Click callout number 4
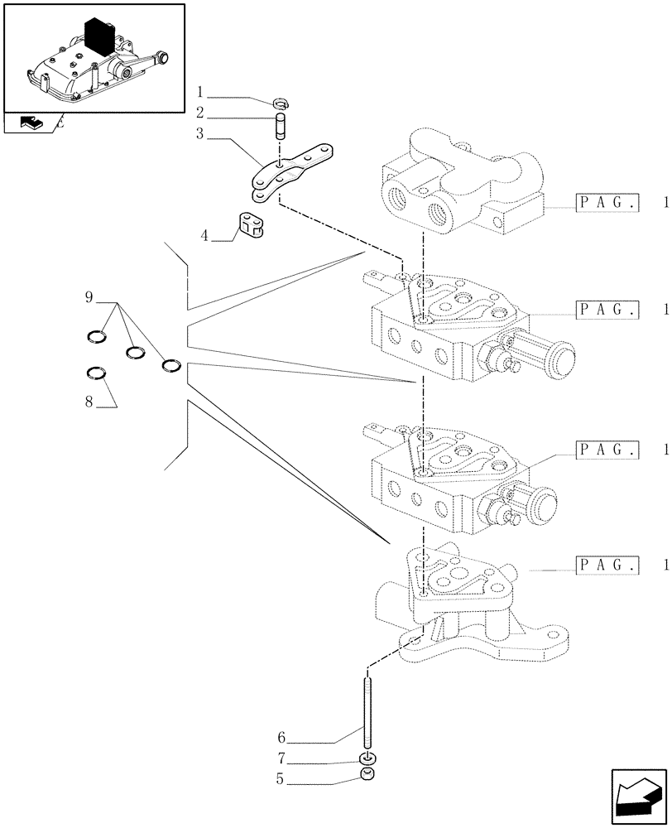pyautogui.click(x=204, y=237)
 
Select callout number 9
pyautogui.click(x=88, y=296)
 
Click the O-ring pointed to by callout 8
pyautogui.click(x=97, y=372)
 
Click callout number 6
pyautogui.click(x=281, y=735)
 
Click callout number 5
pyautogui.click(x=281, y=779)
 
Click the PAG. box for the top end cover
pyautogui.click(x=607, y=202)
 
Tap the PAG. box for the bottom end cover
pyautogui.click(x=607, y=566)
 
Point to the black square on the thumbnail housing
pyautogui.click(x=98, y=35)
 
